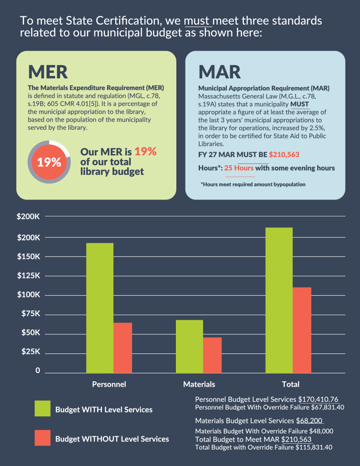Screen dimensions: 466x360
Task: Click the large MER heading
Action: pyautogui.click(x=48, y=72)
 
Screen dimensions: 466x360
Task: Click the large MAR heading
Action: pyautogui.click(x=220, y=72)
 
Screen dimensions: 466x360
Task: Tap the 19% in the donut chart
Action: pyautogui.click(x=49, y=162)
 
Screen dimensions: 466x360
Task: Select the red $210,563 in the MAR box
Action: pyautogui.click(x=284, y=154)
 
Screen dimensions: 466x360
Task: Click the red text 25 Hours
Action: pyautogui.click(x=239, y=168)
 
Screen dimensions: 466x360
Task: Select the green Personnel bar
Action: pyautogui.click(x=100, y=307)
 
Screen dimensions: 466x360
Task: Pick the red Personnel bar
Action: pyautogui.click(x=123, y=348)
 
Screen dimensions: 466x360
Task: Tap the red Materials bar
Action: pyautogui.click(x=212, y=355)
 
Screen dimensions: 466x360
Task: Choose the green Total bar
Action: pyautogui.click(x=279, y=300)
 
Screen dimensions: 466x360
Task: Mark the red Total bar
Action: pyautogui.click(x=302, y=330)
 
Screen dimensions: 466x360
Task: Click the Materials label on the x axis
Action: pyautogui.click(x=199, y=384)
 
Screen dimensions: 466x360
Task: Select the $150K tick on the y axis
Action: pyautogui.click(x=29, y=257)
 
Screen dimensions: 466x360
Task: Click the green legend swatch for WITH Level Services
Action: pyautogui.click(x=43, y=409)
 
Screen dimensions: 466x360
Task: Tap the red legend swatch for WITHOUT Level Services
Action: pyautogui.click(x=43, y=438)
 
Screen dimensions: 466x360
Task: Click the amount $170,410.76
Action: pyautogui.click(x=318, y=399)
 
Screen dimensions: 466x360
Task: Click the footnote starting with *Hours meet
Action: pyautogui.click(x=253, y=184)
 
